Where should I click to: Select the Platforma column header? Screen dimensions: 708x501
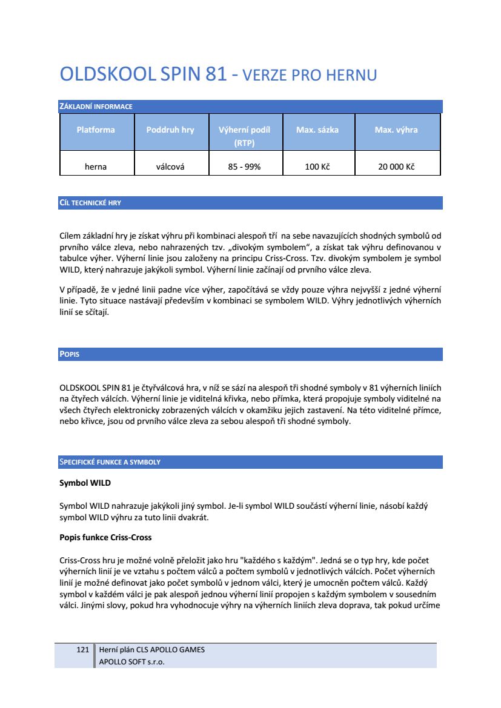pos(96,130)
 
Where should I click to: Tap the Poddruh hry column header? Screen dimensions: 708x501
pos(170,130)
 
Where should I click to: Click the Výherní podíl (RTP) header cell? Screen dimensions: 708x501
pos(244,136)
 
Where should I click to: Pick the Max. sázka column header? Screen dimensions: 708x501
pos(317,130)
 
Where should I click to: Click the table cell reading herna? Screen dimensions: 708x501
pos(96,167)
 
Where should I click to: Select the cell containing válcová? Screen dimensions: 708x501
pos(170,167)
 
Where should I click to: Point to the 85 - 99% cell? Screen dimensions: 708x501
pos(244,167)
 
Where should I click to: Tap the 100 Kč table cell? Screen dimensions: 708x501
pos(317,167)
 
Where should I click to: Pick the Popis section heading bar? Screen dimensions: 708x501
pos(70,354)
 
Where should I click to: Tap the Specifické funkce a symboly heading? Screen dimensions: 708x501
pos(110,462)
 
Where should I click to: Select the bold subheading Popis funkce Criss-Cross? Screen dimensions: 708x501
pos(105,537)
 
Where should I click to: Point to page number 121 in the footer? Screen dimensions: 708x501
pos(83,650)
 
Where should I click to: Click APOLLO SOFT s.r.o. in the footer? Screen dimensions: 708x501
pos(132,661)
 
